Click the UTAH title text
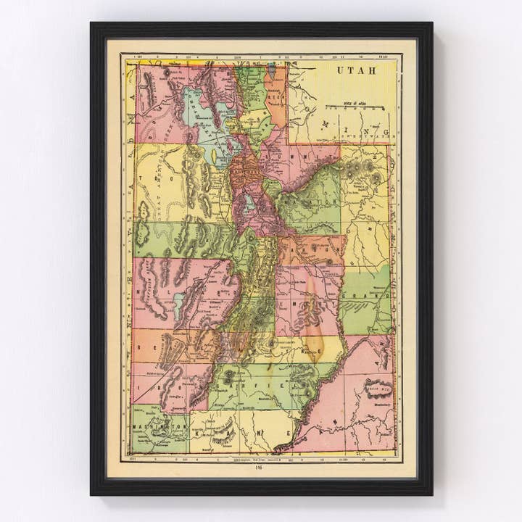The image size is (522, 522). point(357,70)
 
